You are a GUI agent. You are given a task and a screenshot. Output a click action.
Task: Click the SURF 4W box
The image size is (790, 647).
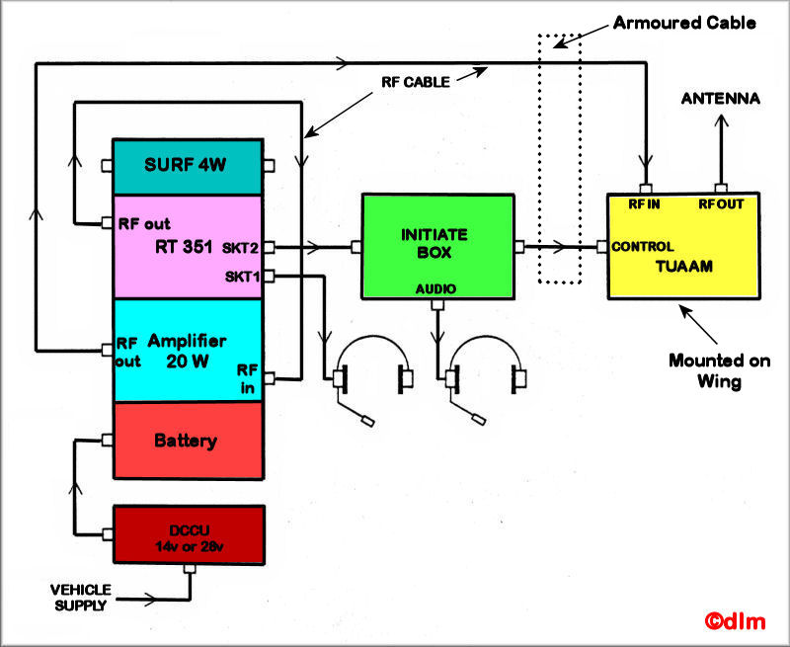coord(188,166)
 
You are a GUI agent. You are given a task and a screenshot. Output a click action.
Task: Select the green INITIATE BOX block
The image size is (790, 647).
coord(438,246)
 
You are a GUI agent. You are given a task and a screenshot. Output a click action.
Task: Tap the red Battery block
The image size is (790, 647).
coord(188,441)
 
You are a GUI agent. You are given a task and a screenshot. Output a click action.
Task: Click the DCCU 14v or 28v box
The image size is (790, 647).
coord(189,534)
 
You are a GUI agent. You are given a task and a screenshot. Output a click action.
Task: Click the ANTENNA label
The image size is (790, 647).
coord(721,99)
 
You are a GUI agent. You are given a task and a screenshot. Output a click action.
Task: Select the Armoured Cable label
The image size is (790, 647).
coord(685,22)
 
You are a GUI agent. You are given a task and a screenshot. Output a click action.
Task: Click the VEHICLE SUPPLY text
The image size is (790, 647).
coord(82,597)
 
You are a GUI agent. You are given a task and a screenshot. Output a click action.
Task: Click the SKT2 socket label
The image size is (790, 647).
coord(240,247)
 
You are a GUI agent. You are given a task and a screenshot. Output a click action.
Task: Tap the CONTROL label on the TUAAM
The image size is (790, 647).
coord(643,247)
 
